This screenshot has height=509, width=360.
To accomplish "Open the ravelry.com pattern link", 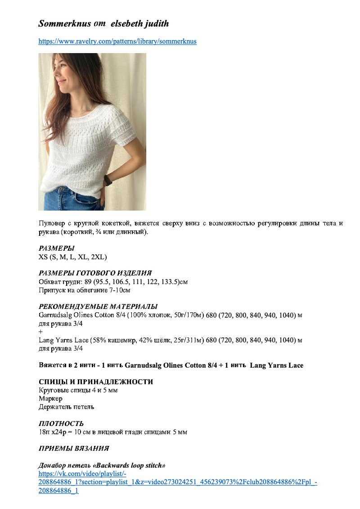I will coord(117,41).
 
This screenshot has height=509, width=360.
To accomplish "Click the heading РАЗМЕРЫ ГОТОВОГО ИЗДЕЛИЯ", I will coord(95,273).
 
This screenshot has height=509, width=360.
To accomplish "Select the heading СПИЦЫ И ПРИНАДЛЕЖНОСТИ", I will coord(96,382).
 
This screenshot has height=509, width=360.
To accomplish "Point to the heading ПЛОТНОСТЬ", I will coord(61,423).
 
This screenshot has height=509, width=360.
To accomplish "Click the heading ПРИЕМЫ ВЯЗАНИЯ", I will coord(74,448).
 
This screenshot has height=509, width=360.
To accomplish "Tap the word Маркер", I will coord(50,398).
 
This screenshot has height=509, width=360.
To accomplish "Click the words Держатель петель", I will coord(67,407).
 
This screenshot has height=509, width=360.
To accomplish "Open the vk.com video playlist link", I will coord(178,482).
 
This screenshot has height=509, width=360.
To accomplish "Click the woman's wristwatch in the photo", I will coord(108,180).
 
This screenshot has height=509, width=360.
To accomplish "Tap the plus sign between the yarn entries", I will coord(41,332).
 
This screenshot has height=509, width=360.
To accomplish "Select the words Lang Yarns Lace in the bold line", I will coord(276,365).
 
